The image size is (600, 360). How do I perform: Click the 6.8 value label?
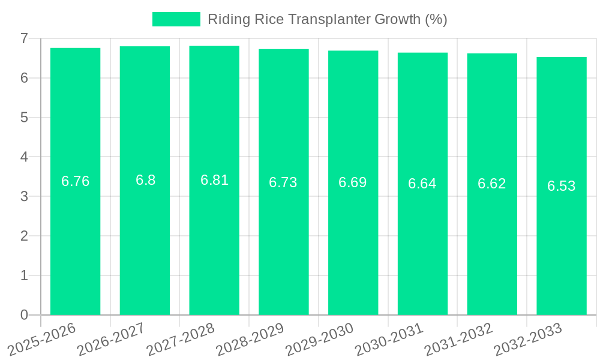click(145, 180)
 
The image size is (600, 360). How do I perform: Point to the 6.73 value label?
click(283, 182)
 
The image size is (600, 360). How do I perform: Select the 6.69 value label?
click(353, 182)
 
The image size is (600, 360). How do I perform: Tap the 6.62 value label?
click(492, 184)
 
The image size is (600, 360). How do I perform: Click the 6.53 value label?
click(561, 186)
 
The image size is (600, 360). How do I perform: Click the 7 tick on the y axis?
click(24, 38)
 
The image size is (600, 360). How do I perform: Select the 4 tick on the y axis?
click(24, 157)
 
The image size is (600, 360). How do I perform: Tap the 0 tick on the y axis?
click(24, 315)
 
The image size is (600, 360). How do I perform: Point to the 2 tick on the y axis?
click(24, 236)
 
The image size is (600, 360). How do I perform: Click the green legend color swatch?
click(176, 19)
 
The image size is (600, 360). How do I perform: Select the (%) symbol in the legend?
click(436, 19)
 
